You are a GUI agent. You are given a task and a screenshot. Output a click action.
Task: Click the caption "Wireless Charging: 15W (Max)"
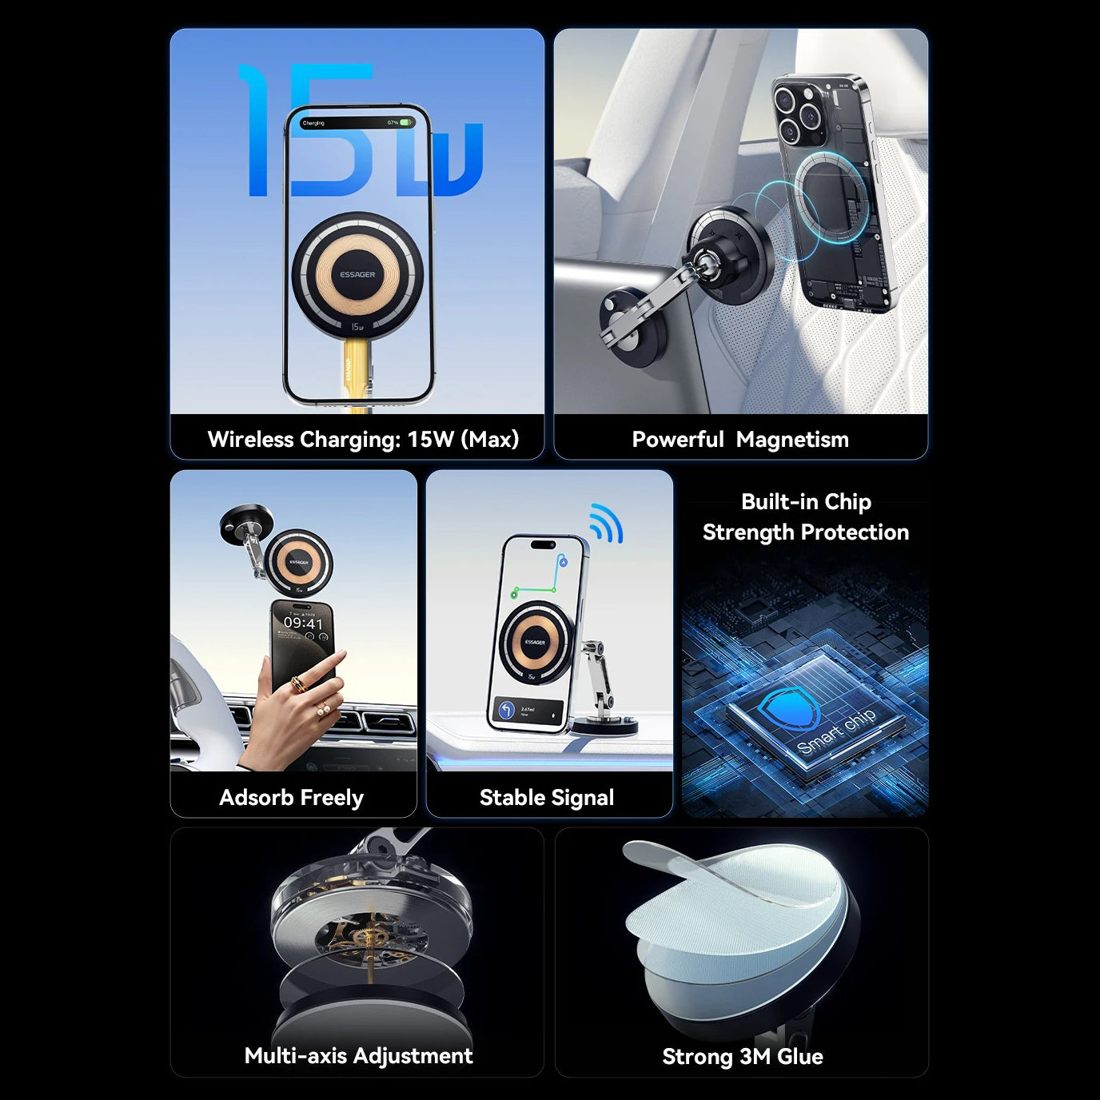(x=363, y=439)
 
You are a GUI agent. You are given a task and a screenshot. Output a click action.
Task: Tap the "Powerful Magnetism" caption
(x=740, y=439)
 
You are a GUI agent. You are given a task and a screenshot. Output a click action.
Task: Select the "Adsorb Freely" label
(x=291, y=797)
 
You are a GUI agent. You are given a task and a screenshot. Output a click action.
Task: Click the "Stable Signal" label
(x=547, y=797)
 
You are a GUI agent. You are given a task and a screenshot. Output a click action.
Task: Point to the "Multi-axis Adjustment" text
(x=358, y=1055)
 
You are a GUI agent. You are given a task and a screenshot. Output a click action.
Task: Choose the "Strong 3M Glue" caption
(x=742, y=1056)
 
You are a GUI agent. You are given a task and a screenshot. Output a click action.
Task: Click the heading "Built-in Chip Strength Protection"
(x=805, y=516)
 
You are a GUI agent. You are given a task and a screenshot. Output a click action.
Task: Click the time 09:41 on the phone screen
(x=303, y=623)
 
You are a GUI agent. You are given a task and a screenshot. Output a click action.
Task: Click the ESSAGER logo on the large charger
(x=357, y=274)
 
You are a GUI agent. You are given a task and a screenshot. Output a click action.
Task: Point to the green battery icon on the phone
(x=406, y=123)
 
